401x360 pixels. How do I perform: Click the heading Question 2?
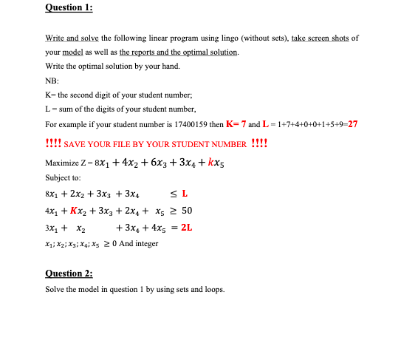pos(64,274)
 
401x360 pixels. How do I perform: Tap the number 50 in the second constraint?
pos(187,211)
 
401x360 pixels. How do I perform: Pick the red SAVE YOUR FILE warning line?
pos(156,143)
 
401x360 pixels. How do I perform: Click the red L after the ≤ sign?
pos(185,194)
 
